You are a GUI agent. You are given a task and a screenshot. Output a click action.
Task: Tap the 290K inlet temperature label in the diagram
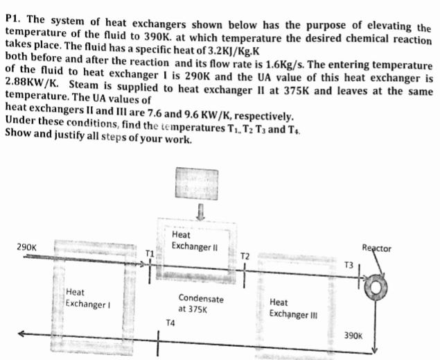(x=27, y=248)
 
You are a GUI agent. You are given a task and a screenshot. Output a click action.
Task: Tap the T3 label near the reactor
(x=349, y=265)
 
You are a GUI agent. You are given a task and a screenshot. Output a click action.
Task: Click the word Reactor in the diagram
(x=376, y=248)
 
